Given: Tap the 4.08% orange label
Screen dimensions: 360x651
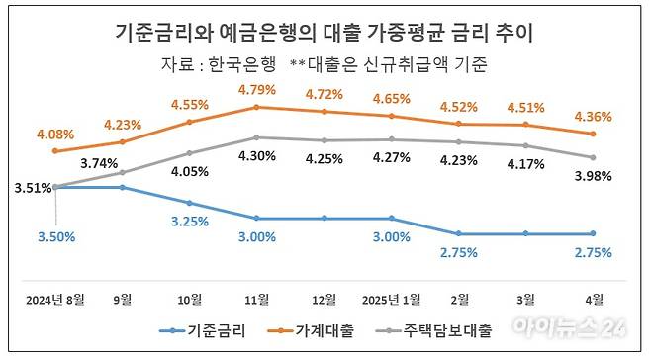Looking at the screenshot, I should pos(54,135).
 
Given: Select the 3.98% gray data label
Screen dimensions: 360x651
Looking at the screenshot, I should pos(593,176).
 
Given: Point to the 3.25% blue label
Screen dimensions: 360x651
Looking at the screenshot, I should pos(189,222).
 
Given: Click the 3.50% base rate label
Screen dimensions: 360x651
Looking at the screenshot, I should pos(55,237).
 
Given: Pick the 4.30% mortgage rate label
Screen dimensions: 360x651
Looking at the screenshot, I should pos(256,156).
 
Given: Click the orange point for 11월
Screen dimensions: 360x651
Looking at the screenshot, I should pos(256,107).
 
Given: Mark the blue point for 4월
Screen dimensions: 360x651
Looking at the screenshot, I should pos(593,233).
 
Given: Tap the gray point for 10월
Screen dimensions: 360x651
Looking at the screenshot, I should pos(189,153).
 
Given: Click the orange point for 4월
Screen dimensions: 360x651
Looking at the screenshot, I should pos(593,134).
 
